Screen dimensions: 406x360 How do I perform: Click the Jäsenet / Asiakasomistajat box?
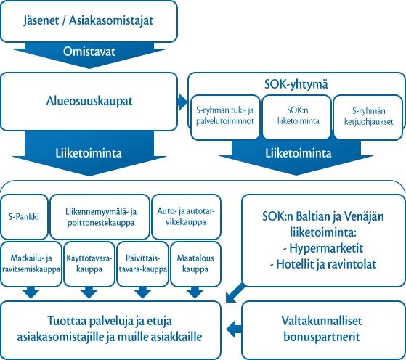click(89, 21)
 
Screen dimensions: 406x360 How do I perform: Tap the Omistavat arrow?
click(89, 54)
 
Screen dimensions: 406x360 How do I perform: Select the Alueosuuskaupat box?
click(89, 102)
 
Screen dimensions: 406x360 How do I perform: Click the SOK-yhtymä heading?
click(296, 85)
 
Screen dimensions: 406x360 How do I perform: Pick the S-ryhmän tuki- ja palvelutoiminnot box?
click(225, 118)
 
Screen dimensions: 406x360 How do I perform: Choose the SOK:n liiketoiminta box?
click(297, 118)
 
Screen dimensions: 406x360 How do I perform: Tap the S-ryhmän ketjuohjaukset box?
click(368, 118)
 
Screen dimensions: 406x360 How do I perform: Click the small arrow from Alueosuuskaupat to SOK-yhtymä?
click(183, 102)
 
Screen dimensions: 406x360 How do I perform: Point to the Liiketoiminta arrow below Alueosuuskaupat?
click(89, 153)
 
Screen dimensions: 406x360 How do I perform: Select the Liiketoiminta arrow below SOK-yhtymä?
click(296, 157)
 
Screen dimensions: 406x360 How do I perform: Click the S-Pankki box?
click(24, 217)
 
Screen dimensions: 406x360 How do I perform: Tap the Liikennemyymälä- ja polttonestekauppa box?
click(100, 217)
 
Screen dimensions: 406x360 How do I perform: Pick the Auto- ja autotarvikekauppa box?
click(187, 217)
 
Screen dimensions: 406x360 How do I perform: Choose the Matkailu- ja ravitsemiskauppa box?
click(31, 264)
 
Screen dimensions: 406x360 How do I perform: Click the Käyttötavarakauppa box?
click(89, 264)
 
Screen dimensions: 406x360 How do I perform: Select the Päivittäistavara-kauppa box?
click(143, 264)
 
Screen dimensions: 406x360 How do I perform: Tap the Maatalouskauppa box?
click(196, 264)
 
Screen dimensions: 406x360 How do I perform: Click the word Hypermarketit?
click(326, 248)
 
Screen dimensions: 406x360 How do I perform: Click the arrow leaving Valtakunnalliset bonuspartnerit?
click(235, 330)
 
